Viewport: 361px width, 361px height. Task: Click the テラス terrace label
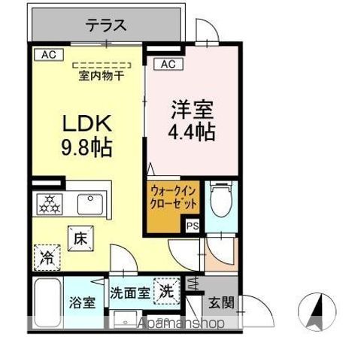(105, 26)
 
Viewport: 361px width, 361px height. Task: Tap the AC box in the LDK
(47, 54)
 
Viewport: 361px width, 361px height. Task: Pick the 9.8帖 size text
(86, 147)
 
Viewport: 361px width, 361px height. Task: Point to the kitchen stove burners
(49, 204)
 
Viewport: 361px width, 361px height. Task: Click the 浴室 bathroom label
(83, 303)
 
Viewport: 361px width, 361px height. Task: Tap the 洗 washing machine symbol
(166, 291)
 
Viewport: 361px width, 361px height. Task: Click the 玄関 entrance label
(221, 303)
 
